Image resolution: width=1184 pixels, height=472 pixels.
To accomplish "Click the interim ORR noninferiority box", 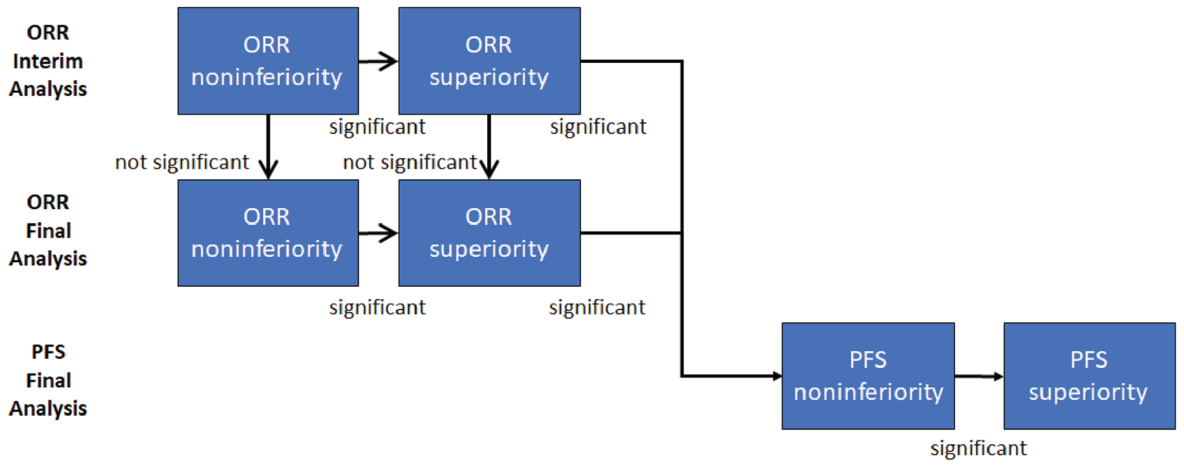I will tap(268, 61).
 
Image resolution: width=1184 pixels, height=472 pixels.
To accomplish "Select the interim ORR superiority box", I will tap(489, 61).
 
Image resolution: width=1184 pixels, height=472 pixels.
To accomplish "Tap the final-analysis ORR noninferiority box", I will tap(268, 233).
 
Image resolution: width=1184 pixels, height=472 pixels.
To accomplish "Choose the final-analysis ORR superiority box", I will tap(489, 233).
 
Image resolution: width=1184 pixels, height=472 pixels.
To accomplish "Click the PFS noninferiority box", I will tap(868, 376).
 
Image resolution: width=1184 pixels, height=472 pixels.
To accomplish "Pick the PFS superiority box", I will tap(1089, 376).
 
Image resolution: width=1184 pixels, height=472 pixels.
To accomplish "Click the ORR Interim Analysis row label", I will tap(48, 61).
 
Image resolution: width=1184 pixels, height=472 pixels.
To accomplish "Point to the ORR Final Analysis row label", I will tap(48, 230).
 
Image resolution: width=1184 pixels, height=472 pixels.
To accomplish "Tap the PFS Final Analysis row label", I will tap(48, 380).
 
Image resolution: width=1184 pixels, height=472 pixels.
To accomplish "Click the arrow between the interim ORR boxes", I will tap(378, 62).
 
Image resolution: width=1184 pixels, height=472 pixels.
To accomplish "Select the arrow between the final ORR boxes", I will tap(378, 233).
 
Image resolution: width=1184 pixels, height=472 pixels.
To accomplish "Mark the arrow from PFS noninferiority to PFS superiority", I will tap(978, 376).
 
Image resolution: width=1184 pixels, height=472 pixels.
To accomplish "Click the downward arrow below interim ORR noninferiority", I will tap(268, 146).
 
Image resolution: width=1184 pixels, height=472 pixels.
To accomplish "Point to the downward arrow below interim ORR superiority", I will tap(489, 146).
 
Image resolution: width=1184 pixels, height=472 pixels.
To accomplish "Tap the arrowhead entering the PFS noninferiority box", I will tap(776, 376).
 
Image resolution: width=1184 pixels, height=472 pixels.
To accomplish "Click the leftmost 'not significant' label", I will tap(182, 162).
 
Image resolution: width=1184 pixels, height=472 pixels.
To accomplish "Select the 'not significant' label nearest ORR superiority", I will tap(410, 162).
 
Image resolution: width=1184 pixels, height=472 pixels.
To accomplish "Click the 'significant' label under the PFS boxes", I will tap(978, 448).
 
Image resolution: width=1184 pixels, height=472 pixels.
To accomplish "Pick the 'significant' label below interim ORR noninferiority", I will tap(377, 127).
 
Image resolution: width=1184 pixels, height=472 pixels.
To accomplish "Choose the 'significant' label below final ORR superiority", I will tap(597, 307).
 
